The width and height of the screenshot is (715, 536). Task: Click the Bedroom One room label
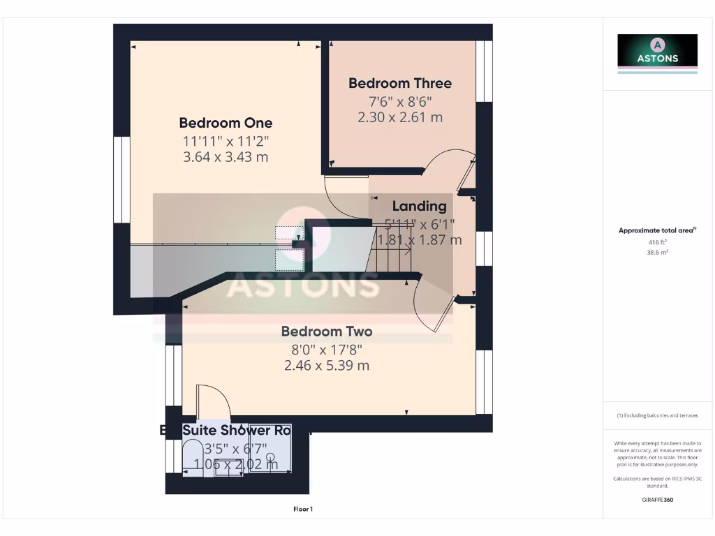tap(226, 123)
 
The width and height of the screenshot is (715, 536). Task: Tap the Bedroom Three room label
tap(400, 83)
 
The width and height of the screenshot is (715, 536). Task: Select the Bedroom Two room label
tap(326, 332)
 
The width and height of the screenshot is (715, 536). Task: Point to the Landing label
tap(419, 206)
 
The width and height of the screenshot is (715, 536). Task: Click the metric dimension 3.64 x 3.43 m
tap(226, 157)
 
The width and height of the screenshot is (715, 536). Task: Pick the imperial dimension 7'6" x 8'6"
tap(400, 100)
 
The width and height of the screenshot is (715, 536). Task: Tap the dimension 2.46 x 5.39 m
tap(326, 365)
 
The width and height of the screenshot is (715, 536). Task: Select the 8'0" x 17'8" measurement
tap(326, 349)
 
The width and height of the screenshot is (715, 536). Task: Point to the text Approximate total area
tap(656, 230)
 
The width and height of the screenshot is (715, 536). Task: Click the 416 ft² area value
tap(657, 242)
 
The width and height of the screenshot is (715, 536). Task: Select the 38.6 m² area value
tap(657, 253)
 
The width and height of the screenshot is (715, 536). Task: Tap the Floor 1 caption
tap(303, 509)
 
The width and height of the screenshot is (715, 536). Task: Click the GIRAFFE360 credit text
tap(657, 500)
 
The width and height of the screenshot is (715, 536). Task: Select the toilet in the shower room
tap(194, 457)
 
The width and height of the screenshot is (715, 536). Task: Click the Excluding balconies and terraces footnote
tap(657, 415)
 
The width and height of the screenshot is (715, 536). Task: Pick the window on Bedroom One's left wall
tap(122, 179)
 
